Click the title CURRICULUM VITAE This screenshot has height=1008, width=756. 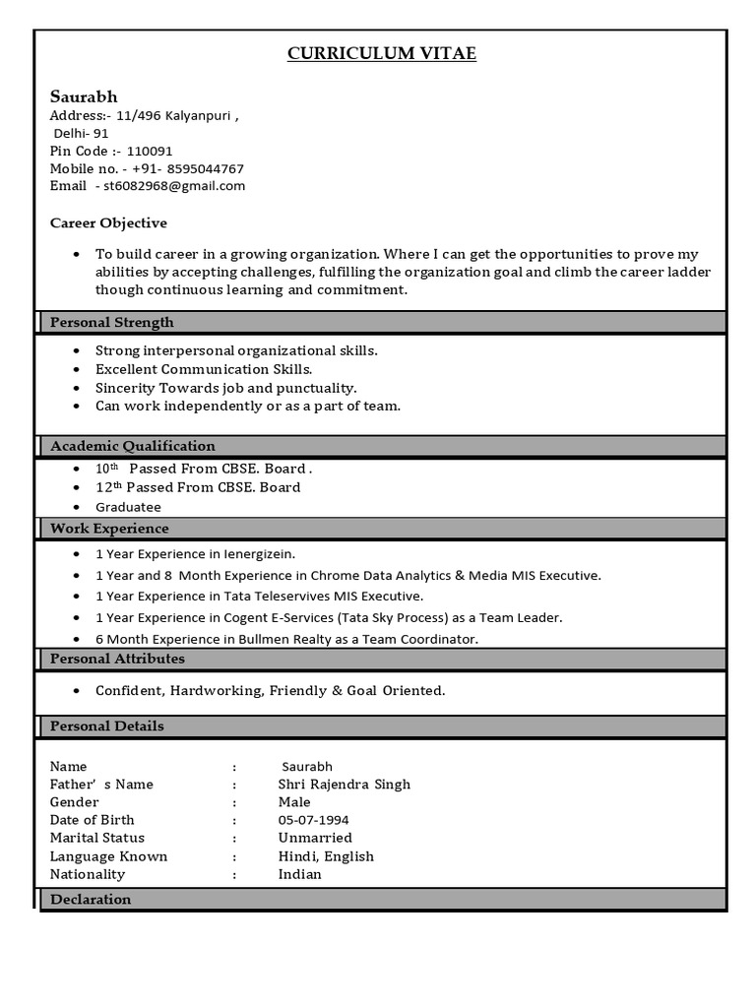click(381, 54)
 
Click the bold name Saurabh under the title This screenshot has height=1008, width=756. click(84, 96)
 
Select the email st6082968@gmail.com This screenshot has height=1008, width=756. click(174, 185)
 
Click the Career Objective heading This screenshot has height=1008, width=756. click(108, 222)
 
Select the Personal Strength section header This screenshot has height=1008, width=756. click(111, 322)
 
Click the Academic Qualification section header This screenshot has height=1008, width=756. click(132, 446)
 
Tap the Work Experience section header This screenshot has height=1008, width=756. click(109, 529)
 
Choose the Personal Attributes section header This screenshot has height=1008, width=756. click(117, 659)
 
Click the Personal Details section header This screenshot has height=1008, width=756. click(106, 726)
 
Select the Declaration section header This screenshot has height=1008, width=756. click(90, 899)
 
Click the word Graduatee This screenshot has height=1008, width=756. click(128, 507)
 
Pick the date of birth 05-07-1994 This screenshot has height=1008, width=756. click(313, 820)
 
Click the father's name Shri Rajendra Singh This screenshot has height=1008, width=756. click(344, 785)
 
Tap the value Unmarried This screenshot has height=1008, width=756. click(315, 838)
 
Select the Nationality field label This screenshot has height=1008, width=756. click(88, 874)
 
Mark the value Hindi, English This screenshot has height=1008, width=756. click(326, 856)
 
